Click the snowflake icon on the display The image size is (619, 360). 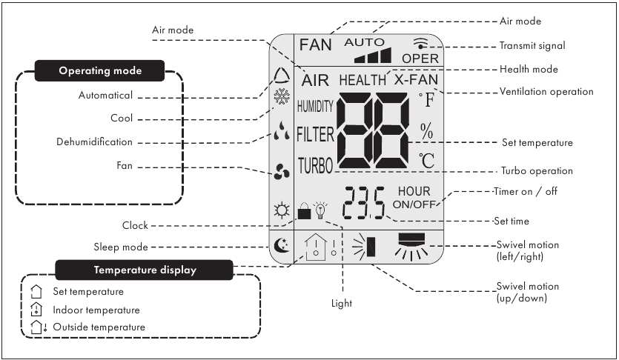282,96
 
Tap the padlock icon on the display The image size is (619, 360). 304,211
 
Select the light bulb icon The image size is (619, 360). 320,210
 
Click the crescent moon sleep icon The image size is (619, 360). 282,245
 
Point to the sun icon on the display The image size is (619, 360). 282,210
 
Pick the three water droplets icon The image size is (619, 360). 282,131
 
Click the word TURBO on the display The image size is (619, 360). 315,166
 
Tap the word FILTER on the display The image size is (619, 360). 315,135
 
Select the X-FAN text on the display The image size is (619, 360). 417,80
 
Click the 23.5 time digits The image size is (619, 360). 364,203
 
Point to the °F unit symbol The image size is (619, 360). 427,100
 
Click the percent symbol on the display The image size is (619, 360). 427,131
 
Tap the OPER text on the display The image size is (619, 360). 420,59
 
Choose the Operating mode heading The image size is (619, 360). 100,70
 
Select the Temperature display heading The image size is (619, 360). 145,270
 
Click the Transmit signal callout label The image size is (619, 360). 532,46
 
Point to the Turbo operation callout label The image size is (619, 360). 537,170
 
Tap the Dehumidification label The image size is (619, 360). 94,142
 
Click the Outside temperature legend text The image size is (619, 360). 99,327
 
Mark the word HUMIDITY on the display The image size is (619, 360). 315,106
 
